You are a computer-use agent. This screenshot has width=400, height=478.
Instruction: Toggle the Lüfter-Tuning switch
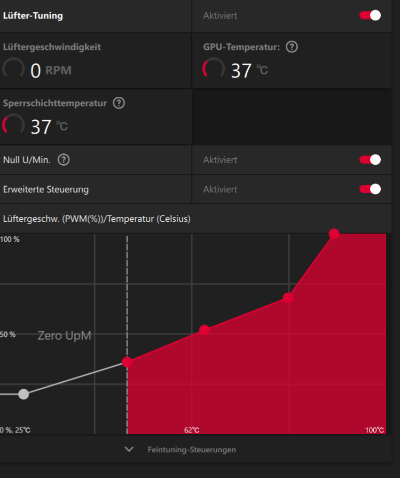coord(370,16)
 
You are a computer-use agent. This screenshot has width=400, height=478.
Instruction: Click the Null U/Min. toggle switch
coord(370,160)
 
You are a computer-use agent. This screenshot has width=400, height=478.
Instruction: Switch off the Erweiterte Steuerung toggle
coord(370,189)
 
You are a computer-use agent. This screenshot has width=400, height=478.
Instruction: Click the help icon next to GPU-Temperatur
coord(292,47)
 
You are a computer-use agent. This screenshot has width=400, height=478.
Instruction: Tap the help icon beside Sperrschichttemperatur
coord(119,103)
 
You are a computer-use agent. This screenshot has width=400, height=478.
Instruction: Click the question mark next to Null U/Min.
coord(64,160)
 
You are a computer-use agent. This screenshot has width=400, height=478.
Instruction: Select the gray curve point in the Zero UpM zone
coord(23,394)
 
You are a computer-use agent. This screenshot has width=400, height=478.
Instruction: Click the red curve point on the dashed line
coord(127,362)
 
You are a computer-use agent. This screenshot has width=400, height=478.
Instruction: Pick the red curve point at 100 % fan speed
coord(334,234)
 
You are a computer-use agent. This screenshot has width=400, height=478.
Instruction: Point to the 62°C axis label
coord(192,430)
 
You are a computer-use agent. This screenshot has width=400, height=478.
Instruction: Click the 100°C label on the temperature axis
coord(374,430)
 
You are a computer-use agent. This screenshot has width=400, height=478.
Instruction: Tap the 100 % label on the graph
coord(10,240)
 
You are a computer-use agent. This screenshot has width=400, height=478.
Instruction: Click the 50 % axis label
coord(7,334)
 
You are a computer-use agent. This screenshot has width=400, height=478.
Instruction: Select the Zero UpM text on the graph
coord(64,336)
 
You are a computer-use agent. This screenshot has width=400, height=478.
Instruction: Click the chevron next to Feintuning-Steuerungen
coord(129,449)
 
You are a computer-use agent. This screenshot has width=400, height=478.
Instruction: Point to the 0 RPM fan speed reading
coord(51,71)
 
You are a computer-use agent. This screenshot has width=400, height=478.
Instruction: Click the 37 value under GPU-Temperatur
coord(241,71)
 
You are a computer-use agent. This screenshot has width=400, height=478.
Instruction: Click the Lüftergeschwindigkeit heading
coord(52,47)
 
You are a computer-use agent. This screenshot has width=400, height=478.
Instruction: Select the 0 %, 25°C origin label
coord(15,430)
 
